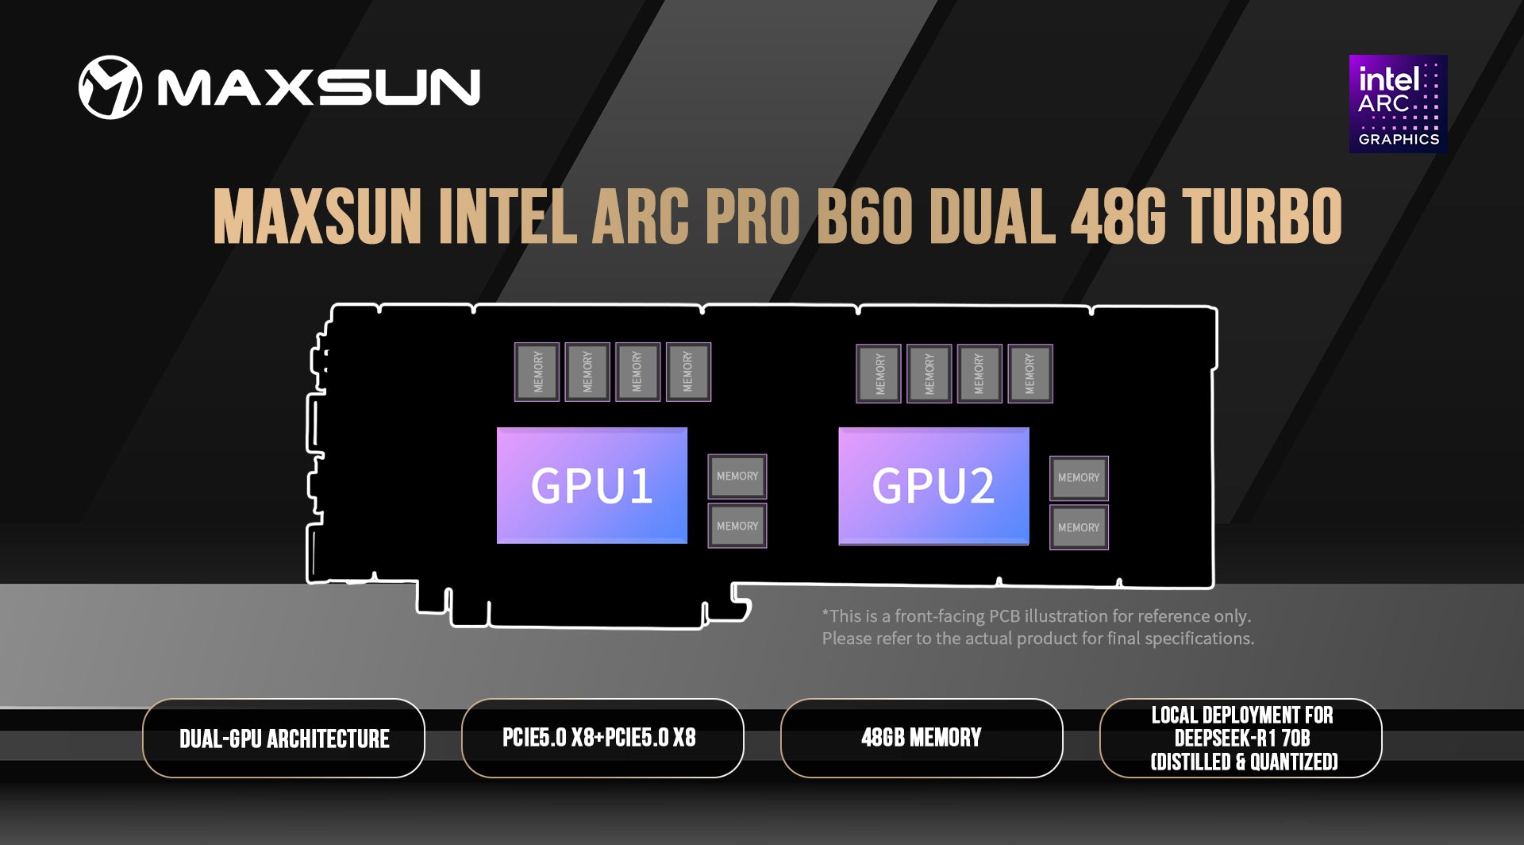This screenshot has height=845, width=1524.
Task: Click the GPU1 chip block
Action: [592, 485]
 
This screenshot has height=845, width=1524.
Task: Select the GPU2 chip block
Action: [933, 485]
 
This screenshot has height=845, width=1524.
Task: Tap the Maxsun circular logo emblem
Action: [110, 87]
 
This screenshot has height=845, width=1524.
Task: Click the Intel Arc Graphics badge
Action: [1398, 104]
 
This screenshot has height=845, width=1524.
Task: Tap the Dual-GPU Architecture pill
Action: [284, 739]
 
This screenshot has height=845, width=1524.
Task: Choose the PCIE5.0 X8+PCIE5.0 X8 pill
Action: [602, 739]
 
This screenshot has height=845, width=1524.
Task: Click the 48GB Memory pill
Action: [922, 739]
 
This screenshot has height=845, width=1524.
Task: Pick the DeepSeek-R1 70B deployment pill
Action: [1241, 739]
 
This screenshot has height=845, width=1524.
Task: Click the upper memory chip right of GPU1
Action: [737, 476]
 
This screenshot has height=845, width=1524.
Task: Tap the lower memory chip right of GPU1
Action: [737, 526]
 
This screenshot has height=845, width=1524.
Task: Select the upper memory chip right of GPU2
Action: [1079, 477]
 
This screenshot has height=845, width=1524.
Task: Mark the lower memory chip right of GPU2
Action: [1079, 527]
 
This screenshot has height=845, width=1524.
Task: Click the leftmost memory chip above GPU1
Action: [537, 372]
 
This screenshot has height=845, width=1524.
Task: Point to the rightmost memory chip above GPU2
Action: [1030, 373]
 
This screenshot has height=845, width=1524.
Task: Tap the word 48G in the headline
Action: [1118, 217]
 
